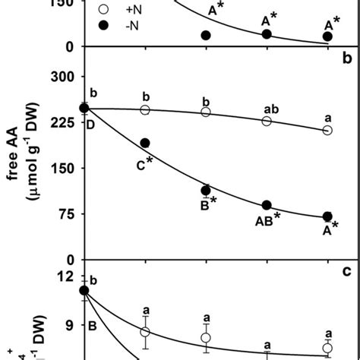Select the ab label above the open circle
tap(267, 108)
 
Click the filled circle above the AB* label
tap(267, 205)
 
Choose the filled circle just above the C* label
tap(145, 143)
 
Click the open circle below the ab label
tap(267, 122)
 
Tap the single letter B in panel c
tap(91, 327)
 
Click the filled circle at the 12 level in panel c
tap(84, 289)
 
